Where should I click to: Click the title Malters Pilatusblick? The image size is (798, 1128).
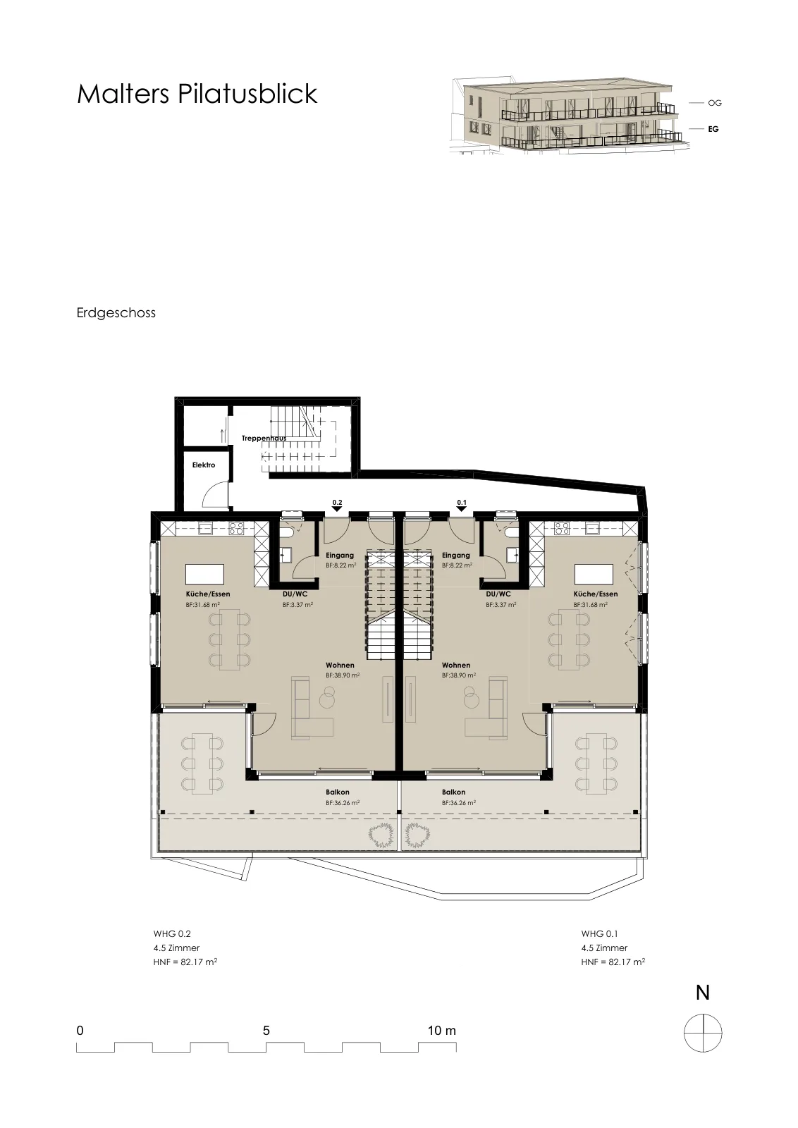tap(197, 94)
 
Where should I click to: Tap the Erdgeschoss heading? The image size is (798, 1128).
tap(116, 313)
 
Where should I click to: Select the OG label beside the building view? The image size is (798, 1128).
tap(714, 103)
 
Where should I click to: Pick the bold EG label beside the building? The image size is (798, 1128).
tap(713, 129)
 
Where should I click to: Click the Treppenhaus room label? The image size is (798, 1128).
tap(264, 438)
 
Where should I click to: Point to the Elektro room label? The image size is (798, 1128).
tap(204, 465)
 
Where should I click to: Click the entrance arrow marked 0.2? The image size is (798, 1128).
tap(337, 508)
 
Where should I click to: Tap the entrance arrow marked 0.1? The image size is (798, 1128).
tap(462, 508)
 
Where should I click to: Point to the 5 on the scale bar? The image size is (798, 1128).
tap(266, 1030)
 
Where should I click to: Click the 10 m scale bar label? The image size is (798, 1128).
tap(441, 1030)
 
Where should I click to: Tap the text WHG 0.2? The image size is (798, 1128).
tap(172, 933)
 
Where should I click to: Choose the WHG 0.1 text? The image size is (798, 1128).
tap(600, 933)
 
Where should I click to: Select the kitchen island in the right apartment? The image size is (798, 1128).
tap(594, 574)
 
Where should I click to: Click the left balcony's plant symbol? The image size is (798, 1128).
tap(381, 835)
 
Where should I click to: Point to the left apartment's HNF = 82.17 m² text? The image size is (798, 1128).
tap(185, 962)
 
